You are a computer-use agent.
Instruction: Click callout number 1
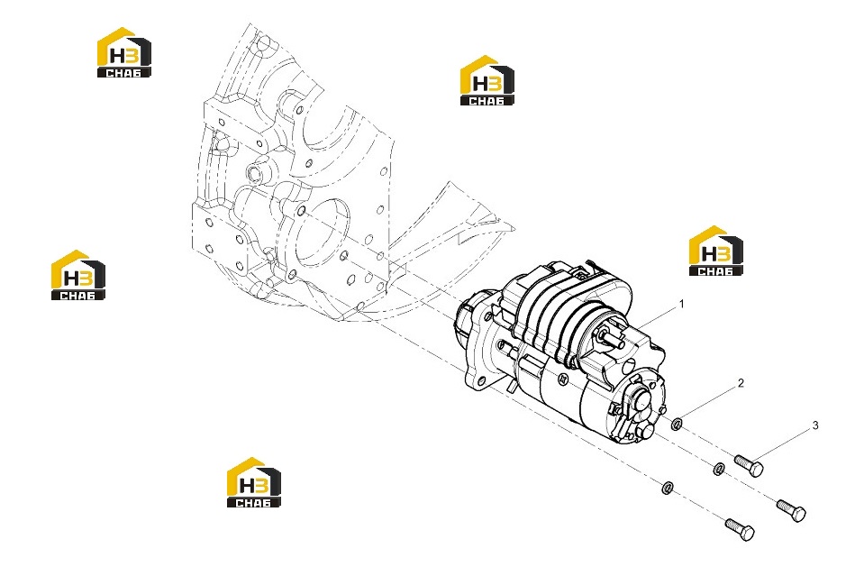[681, 305]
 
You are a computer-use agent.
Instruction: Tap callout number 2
[741, 383]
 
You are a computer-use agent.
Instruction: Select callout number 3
[815, 425]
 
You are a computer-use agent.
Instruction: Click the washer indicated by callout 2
[678, 425]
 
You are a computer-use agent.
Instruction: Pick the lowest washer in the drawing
[668, 488]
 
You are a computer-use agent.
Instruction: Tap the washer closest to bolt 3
[719, 469]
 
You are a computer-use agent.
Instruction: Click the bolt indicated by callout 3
[749, 466]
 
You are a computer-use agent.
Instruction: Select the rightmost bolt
[791, 510]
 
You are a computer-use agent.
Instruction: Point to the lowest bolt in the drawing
[740, 529]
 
